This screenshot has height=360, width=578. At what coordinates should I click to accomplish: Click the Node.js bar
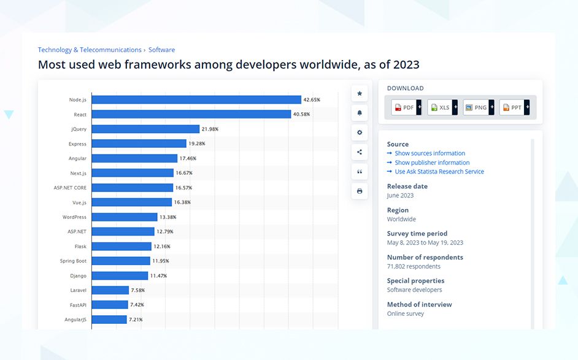pos(196,99)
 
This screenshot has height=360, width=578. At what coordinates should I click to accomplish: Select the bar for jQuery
pos(145,129)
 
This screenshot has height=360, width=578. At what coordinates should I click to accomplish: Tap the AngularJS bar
pos(109,320)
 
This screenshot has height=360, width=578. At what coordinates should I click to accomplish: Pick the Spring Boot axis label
pos(73,261)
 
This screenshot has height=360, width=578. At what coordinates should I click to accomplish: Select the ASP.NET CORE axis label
pos(70,188)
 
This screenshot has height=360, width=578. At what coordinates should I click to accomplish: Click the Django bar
pos(120,275)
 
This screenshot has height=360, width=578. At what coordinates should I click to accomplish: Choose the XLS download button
pos(441,107)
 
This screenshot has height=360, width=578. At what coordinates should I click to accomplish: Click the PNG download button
pos(477,107)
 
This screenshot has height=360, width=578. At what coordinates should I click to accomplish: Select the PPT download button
pos(513,107)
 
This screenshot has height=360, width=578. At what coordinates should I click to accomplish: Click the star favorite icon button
pos(360,93)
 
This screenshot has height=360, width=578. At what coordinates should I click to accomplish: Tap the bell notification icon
pos(360,113)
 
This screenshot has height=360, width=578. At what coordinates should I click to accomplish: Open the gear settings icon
pos(360,132)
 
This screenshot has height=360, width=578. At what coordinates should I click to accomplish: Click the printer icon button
pos(360,191)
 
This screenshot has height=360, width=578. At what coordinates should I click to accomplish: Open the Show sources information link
pos(430,153)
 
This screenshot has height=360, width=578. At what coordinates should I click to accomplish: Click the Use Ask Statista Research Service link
pos(439,172)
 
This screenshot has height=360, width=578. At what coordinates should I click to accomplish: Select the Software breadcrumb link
pos(161,50)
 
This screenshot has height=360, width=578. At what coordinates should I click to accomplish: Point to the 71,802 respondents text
pos(414,266)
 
